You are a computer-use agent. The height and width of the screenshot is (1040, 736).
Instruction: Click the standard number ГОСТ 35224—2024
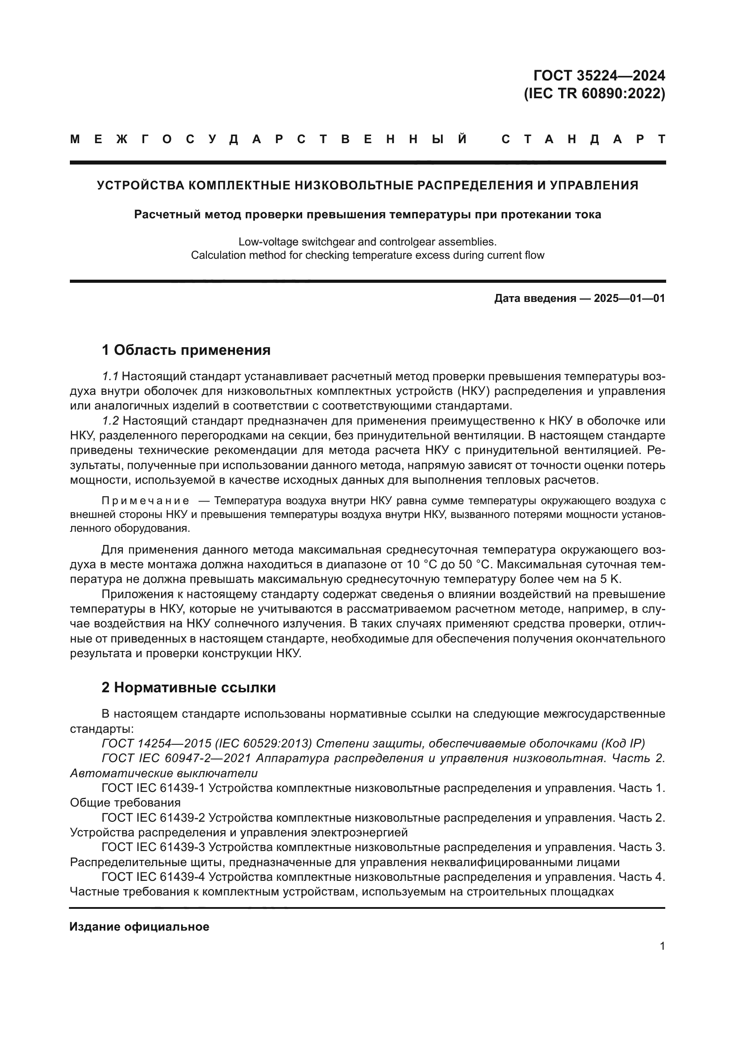[x=599, y=75]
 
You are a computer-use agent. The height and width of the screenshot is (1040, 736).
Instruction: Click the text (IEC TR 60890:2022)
[x=594, y=93]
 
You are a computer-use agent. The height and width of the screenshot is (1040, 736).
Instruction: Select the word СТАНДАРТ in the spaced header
[x=583, y=140]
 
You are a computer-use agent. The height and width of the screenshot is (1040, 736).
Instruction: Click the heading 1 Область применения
[x=186, y=350]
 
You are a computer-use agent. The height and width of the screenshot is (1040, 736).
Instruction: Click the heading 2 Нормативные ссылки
[x=189, y=687]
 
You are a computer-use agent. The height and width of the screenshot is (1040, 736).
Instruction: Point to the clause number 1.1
[x=110, y=377]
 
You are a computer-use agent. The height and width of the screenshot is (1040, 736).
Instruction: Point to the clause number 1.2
[x=110, y=421]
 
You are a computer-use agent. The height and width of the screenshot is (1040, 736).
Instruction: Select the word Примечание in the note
[x=145, y=501]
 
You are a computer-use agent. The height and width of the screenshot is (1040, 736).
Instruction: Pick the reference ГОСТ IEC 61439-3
[x=153, y=847]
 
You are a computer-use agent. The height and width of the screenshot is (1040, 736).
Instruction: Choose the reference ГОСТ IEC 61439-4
[x=153, y=877]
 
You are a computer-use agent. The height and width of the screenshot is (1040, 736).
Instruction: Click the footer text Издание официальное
[x=139, y=927]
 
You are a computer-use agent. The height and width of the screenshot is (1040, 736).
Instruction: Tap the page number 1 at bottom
[x=662, y=946]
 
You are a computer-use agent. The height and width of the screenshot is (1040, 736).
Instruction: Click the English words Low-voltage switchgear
[x=289, y=242]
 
